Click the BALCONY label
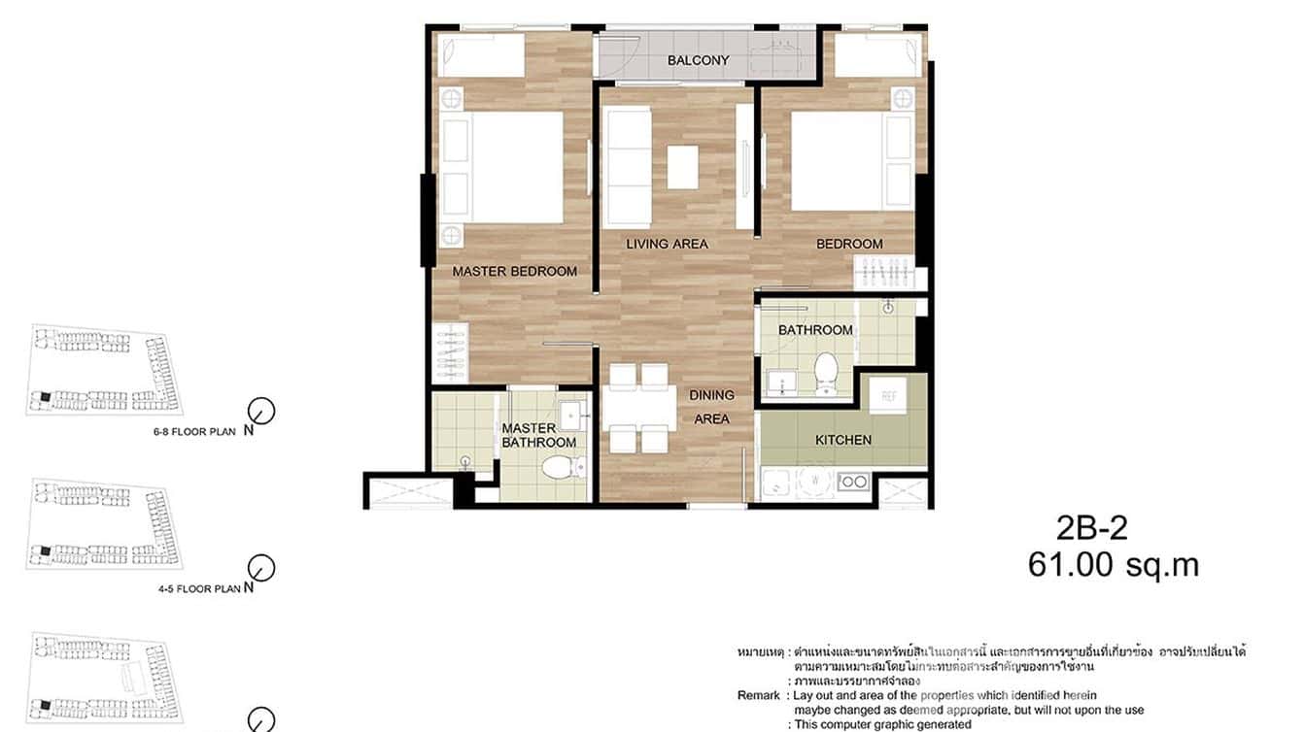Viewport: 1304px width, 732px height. (x=698, y=60)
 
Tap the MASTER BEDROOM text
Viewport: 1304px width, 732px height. (x=514, y=272)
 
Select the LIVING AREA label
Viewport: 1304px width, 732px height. (x=667, y=244)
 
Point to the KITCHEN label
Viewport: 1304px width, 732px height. (x=842, y=440)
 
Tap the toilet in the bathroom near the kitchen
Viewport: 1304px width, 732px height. (x=826, y=374)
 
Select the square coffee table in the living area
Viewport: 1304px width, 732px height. (x=682, y=166)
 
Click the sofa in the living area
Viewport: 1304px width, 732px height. (x=627, y=153)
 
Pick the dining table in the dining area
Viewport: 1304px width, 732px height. (x=638, y=408)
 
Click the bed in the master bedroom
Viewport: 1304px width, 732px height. (x=502, y=167)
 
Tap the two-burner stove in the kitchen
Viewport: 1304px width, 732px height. (x=852, y=481)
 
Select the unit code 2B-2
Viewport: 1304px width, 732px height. (x=1091, y=528)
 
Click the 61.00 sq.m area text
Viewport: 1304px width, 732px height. (x=1113, y=565)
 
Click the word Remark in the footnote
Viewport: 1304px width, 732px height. (x=758, y=695)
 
